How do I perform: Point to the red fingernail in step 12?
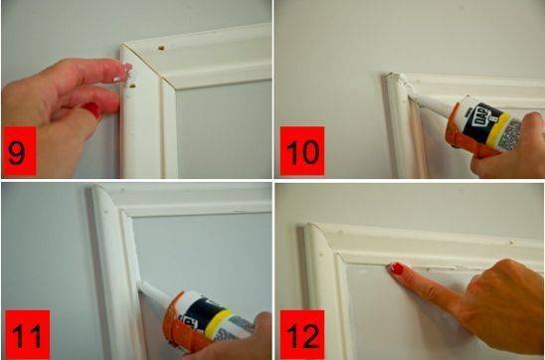396,269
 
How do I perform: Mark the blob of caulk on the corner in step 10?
396,80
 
